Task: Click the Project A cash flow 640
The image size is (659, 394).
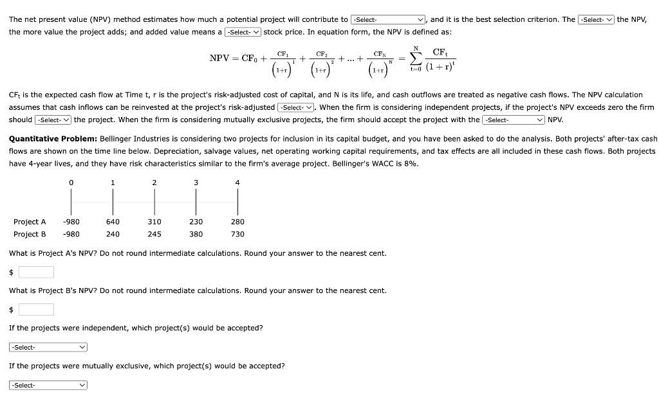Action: click(113, 222)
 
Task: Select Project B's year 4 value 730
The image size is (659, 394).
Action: click(237, 234)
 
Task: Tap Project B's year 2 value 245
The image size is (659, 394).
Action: click(154, 234)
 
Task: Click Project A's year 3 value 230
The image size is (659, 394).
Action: click(196, 222)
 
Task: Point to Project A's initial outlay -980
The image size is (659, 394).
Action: click(71, 222)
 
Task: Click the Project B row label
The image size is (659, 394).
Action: click(30, 234)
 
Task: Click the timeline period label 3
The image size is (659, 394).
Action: click(196, 183)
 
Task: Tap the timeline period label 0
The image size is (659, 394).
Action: click(71, 183)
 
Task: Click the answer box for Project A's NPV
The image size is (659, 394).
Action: click(36, 272)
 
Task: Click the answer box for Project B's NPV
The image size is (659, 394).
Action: click(36, 310)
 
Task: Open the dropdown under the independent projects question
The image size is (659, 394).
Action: click(48, 347)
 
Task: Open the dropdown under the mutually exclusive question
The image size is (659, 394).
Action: click(48, 385)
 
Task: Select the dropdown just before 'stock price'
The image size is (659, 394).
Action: click(243, 32)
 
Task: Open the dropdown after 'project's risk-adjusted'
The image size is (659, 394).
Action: click(296, 107)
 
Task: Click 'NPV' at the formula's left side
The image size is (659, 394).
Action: click(220, 59)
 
